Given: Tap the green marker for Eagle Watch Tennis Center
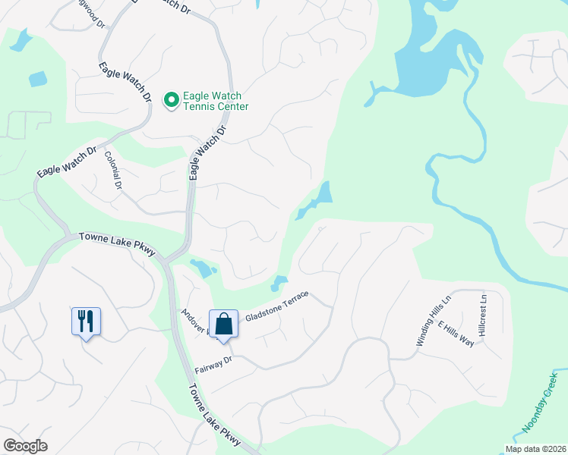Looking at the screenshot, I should coord(172,99).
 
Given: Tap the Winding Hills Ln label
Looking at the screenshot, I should coord(434,322).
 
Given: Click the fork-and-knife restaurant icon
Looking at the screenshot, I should coord(86,321).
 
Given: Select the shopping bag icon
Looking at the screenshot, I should coord(225,324).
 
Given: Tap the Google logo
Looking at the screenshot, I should coord(25,446).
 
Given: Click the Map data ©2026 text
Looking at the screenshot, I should coord(536,449).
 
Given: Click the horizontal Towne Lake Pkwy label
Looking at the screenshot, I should coord(117,245).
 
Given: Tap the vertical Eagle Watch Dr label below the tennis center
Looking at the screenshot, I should coord(207,152).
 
